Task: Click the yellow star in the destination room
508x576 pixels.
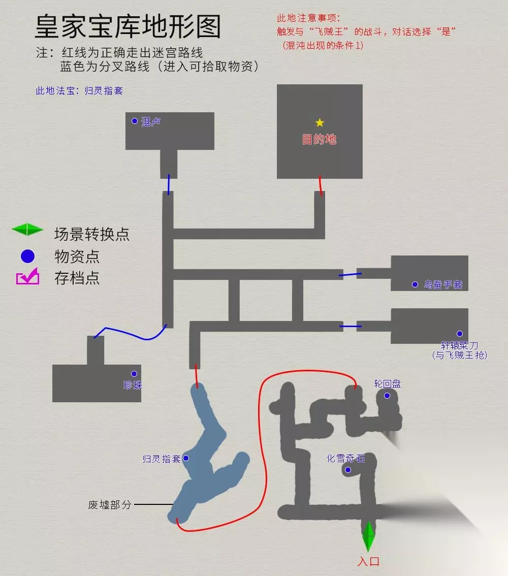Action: (320, 122)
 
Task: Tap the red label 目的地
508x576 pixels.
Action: (319, 139)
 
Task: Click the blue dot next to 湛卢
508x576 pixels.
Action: (135, 121)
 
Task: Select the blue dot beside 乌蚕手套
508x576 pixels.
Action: (415, 284)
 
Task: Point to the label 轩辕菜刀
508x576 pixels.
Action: (460, 345)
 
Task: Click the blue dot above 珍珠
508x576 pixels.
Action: (134, 374)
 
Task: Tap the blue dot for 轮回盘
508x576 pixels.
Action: (387, 396)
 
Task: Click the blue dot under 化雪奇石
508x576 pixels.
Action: (348, 470)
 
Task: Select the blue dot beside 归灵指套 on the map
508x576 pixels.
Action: (186, 458)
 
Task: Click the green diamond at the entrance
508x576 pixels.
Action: (368, 536)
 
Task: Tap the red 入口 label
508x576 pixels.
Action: (368, 561)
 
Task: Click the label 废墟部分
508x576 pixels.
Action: (109, 505)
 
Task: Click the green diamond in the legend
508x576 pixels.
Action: (27, 229)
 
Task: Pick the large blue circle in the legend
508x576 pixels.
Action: (27, 256)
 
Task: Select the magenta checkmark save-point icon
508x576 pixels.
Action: (28, 276)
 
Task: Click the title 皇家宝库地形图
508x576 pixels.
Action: (128, 26)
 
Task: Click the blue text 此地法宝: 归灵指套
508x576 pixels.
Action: (79, 90)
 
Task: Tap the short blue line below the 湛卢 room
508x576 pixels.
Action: (169, 184)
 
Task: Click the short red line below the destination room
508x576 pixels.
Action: (321, 185)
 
